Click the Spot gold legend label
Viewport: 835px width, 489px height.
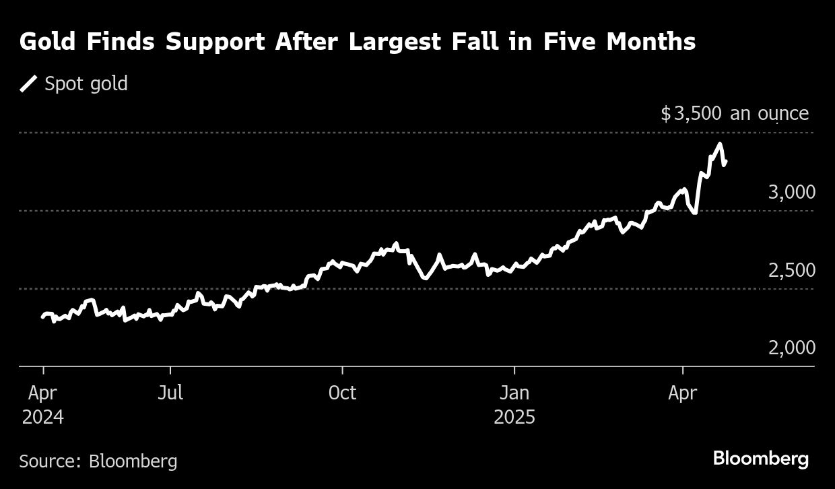[86, 84]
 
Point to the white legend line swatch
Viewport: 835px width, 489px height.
[29, 84]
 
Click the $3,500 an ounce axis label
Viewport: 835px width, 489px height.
[734, 113]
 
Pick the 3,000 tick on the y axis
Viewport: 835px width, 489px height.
[791, 193]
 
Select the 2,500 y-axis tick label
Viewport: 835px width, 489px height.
[791, 271]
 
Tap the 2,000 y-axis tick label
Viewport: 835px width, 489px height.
[791, 348]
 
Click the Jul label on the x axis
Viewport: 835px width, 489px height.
[170, 393]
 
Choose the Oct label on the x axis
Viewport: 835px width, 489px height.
[342, 393]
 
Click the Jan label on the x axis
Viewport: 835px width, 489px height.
[514, 393]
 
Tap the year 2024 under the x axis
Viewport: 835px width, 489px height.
[43, 418]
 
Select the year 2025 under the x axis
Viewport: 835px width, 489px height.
[514, 418]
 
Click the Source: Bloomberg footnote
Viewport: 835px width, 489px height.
[98, 461]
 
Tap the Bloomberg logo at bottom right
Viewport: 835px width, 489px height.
[760, 459]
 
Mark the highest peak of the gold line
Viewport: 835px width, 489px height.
[721, 144]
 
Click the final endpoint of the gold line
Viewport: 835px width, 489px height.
[725, 161]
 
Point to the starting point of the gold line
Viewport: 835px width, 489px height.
[42, 317]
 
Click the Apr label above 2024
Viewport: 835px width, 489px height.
[43, 393]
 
